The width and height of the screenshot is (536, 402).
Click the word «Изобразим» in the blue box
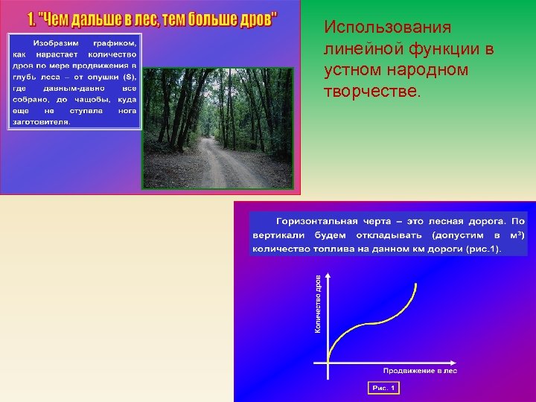[x=57, y=44]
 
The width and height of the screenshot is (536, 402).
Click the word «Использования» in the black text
[x=387, y=28]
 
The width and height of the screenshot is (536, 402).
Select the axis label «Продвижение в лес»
[x=419, y=370]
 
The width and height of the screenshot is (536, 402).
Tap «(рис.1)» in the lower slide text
[x=483, y=249]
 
